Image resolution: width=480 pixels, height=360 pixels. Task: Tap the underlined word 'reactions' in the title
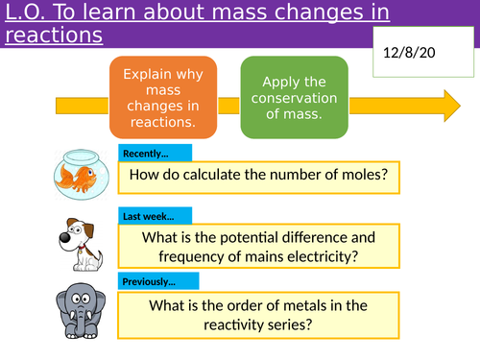pyautogui.click(x=53, y=36)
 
